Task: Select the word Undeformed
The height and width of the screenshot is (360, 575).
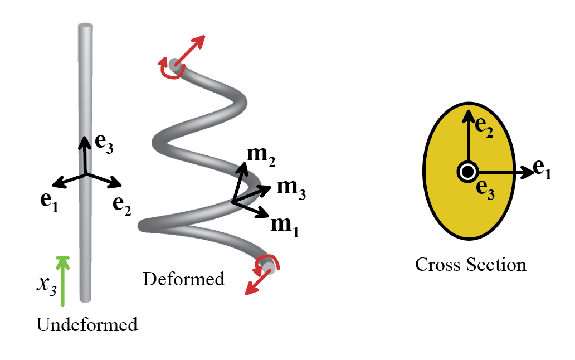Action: [87, 324]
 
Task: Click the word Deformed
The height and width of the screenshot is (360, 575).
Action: [183, 278]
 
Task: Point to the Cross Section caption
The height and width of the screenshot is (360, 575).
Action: [470, 264]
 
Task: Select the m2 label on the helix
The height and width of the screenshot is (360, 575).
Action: [262, 157]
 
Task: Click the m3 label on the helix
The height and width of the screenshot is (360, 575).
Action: [291, 188]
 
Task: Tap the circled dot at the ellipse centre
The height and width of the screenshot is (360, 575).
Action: [466, 172]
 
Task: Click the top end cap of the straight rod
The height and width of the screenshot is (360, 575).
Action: [85, 26]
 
